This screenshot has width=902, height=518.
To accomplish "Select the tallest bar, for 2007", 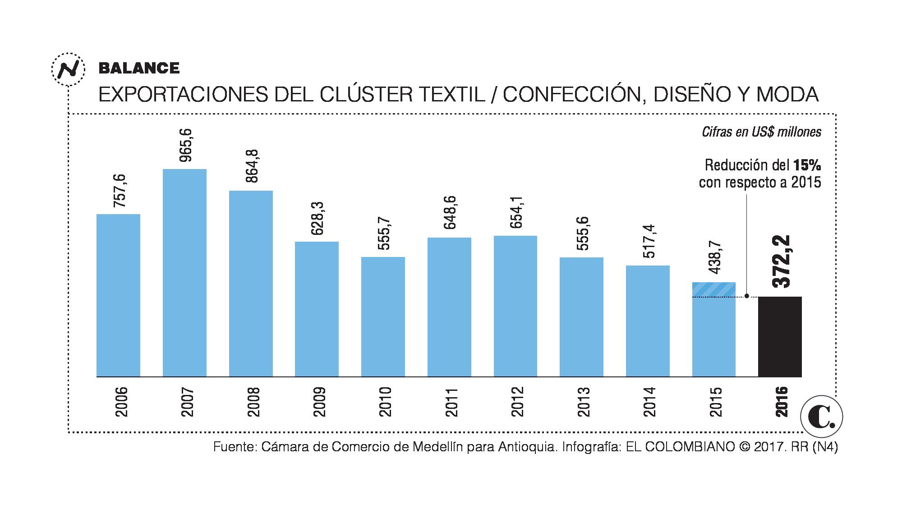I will [x=184, y=273].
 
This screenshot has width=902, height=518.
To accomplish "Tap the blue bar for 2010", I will [x=383, y=316].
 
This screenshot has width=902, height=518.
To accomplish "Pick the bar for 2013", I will [x=581, y=316].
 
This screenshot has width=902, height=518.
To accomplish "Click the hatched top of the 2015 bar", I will [x=713, y=290].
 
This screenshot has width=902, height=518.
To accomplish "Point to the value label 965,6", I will [x=185, y=145].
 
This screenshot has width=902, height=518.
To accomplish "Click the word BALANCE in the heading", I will [x=139, y=68].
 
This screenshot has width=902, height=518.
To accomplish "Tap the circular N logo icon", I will [x=68, y=69].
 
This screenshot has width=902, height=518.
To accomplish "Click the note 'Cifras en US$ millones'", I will [x=761, y=132].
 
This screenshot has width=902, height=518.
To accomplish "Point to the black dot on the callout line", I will [x=747, y=296].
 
